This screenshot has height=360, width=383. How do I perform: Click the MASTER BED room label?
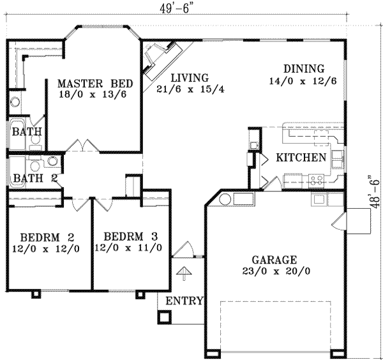click(94, 84)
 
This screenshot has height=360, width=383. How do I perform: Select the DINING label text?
click(304, 69)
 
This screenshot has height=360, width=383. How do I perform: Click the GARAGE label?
click(273, 260)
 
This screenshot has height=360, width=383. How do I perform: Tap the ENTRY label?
click(184, 301)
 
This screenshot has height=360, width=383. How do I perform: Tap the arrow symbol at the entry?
click(184, 273)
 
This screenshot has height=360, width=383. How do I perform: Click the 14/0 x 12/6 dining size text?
click(304, 81)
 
